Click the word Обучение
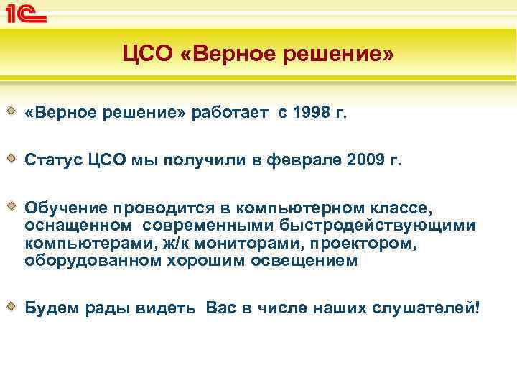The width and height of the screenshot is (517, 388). coord(64,208)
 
